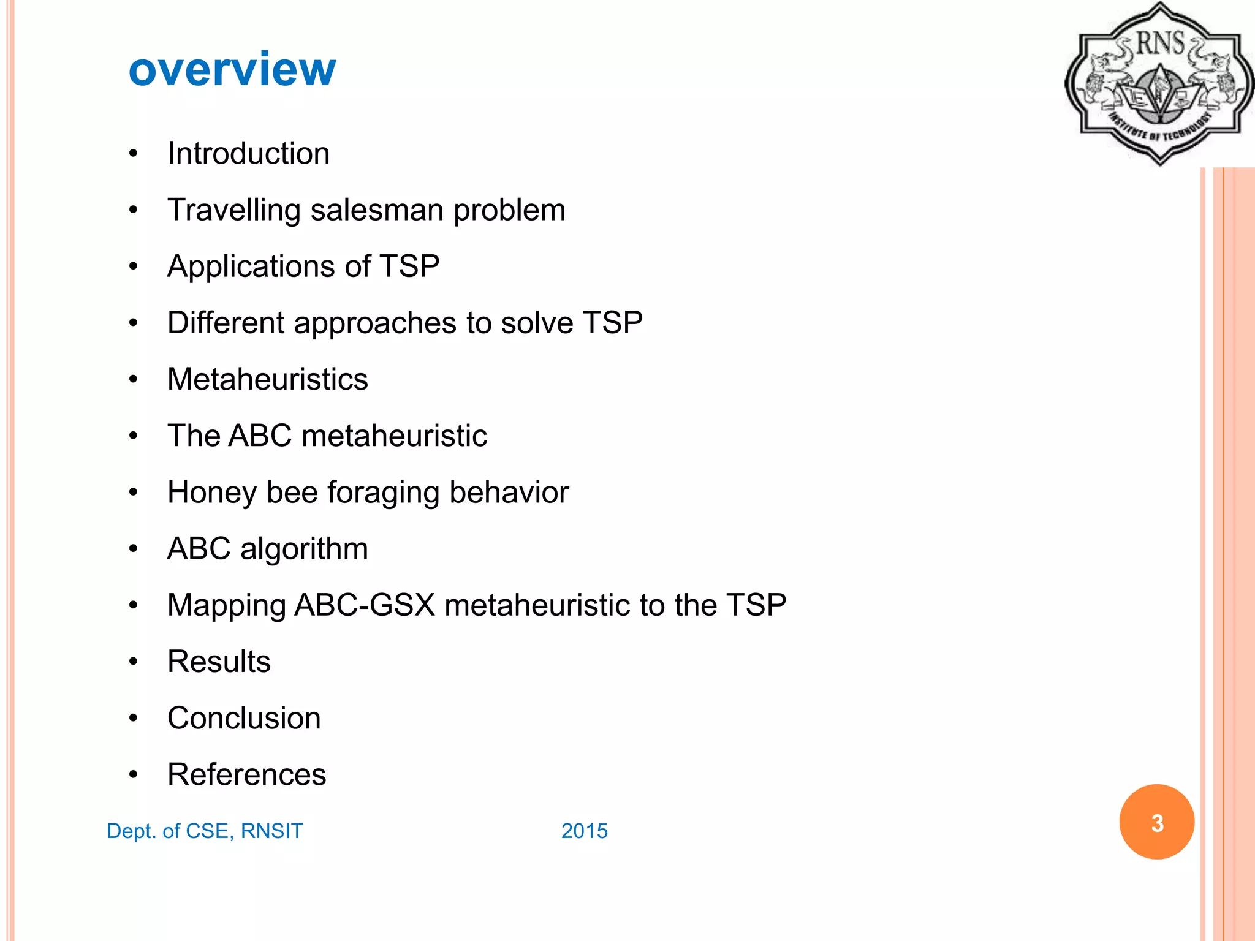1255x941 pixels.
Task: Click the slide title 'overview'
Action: coord(232,69)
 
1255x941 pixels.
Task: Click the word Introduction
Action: coord(248,153)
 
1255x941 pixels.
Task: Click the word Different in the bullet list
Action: coord(225,323)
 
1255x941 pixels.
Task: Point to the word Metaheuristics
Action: coord(268,379)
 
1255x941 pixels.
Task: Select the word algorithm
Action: coord(304,549)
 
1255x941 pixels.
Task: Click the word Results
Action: coord(219,662)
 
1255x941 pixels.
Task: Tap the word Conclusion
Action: coord(244,718)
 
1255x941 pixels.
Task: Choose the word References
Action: coord(246,774)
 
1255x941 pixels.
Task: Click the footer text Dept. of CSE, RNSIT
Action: coord(205,831)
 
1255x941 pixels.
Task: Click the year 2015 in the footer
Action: coord(585,831)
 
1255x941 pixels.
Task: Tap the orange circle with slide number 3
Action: coord(1156,822)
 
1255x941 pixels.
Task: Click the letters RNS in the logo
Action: coord(1159,43)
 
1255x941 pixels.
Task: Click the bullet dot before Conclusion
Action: coord(134,718)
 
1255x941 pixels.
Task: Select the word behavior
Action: coord(509,493)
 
